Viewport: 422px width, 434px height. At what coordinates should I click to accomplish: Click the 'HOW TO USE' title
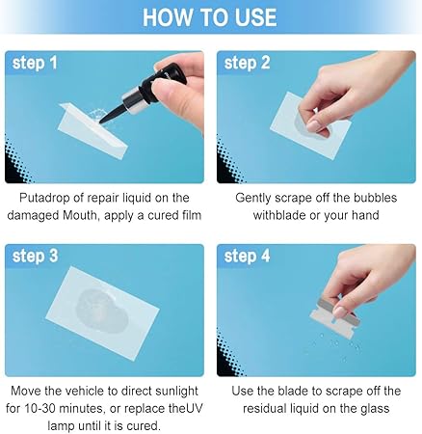tap(210, 16)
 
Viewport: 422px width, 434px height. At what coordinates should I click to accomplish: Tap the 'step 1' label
tap(35, 63)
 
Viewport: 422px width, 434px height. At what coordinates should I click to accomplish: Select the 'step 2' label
tap(247, 63)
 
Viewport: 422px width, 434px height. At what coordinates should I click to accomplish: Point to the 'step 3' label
tap(35, 257)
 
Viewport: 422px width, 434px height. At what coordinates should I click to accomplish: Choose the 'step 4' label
tap(247, 257)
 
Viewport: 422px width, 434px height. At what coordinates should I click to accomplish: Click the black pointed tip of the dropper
tap(102, 122)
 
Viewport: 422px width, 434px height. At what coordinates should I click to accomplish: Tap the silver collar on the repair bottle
tap(133, 102)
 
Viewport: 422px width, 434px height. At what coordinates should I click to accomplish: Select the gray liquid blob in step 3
tap(102, 311)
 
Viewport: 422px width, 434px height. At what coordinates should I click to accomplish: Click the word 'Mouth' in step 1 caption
tap(79, 215)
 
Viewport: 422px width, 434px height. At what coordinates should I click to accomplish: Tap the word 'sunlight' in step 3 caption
tap(176, 392)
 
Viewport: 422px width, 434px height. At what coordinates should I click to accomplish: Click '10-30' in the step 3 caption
tap(40, 409)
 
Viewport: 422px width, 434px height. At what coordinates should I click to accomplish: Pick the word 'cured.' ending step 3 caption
tap(144, 426)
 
